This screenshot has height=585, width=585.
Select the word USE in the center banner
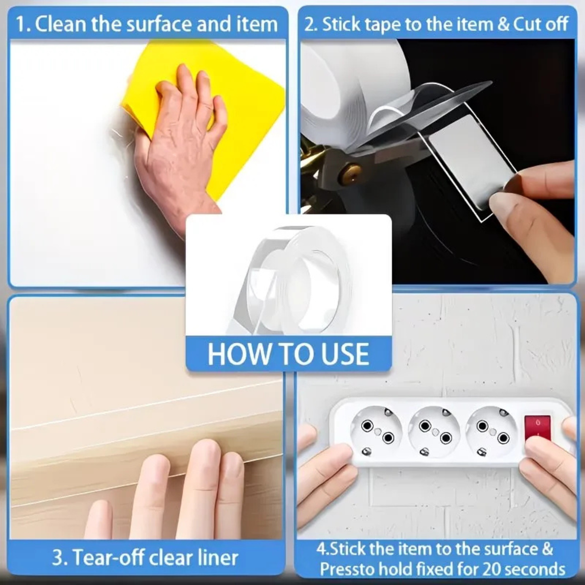coord(345,354)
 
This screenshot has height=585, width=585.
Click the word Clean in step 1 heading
coord(61,24)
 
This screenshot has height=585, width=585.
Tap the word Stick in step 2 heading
coord(340,24)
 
